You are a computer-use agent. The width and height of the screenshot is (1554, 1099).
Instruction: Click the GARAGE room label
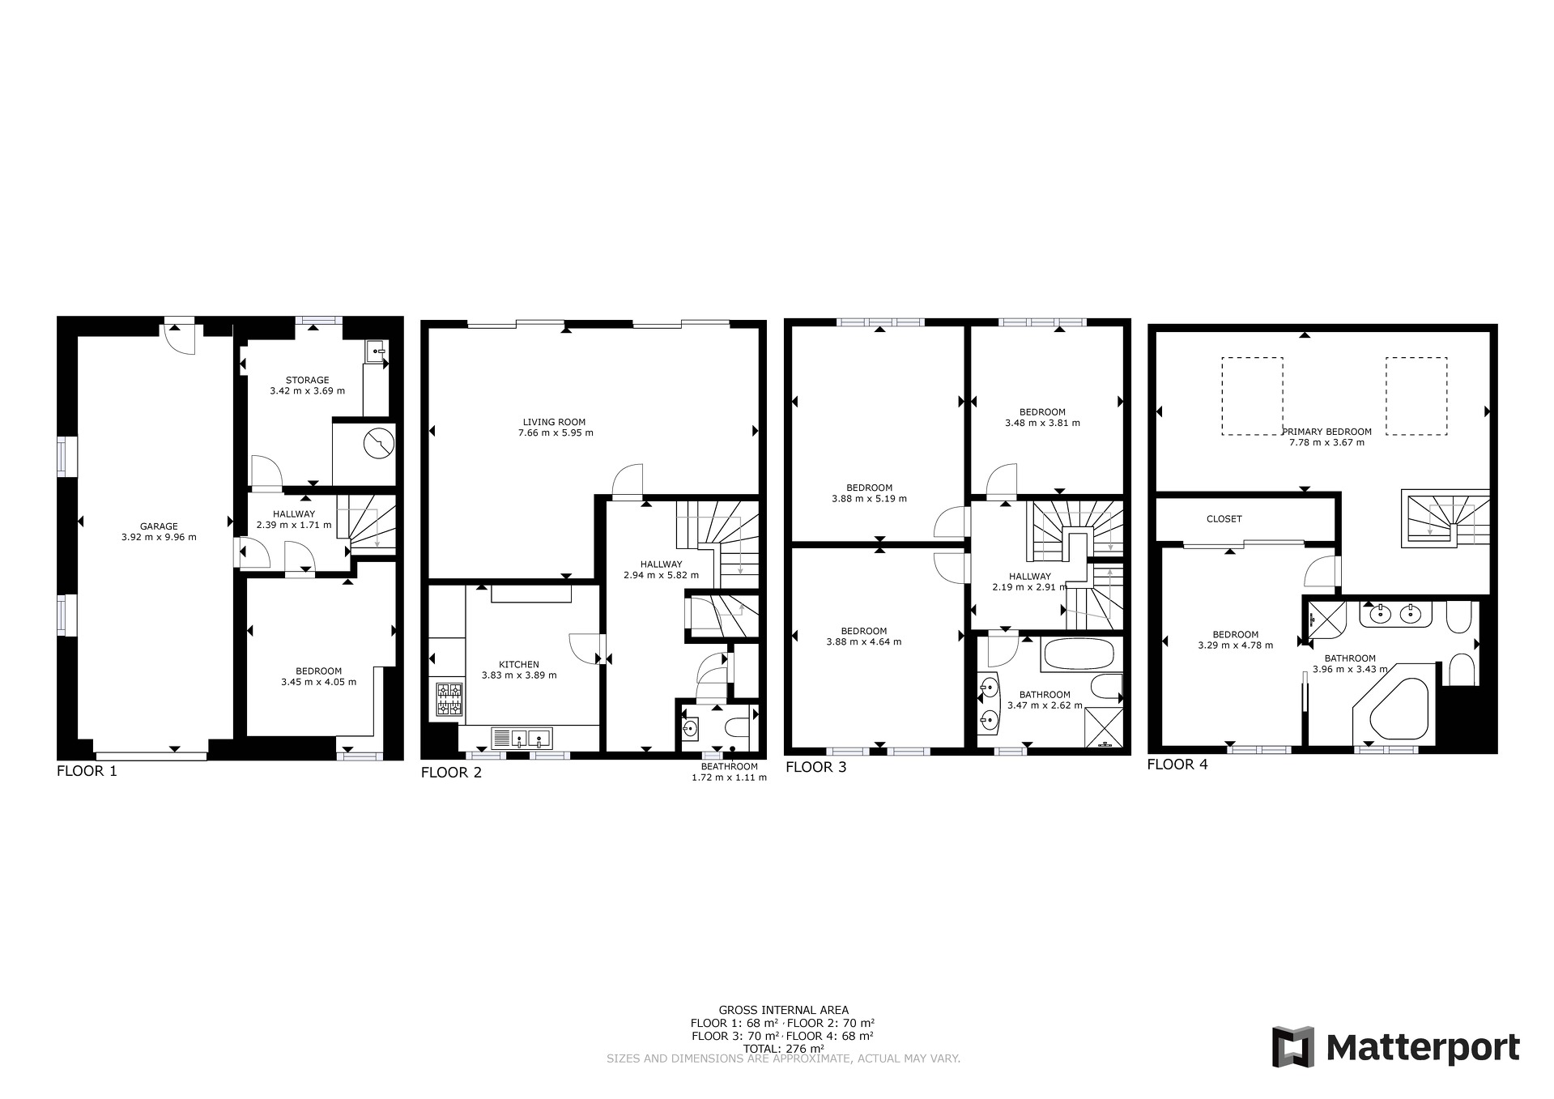click(x=159, y=526)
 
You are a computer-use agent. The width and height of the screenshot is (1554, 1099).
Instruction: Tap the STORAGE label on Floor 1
click(x=307, y=380)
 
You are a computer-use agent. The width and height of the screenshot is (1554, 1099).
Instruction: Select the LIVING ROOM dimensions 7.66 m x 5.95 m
click(x=556, y=432)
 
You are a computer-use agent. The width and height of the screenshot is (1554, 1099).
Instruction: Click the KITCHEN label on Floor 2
click(x=519, y=665)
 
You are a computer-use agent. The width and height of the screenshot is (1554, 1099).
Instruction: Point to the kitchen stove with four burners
click(x=450, y=700)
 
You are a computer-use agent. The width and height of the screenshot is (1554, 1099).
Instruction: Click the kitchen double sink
click(x=522, y=738)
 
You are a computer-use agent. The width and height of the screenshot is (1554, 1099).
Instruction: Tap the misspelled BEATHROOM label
click(x=729, y=766)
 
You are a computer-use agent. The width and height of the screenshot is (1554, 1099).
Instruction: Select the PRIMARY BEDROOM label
click(x=1326, y=432)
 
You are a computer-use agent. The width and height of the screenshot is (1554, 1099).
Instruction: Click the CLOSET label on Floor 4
click(x=1224, y=519)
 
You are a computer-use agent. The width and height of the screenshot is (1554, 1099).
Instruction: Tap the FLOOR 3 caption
click(x=815, y=767)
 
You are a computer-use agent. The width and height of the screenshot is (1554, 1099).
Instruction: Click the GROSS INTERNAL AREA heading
click(x=783, y=1010)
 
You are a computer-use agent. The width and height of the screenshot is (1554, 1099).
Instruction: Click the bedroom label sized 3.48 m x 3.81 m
click(x=1042, y=417)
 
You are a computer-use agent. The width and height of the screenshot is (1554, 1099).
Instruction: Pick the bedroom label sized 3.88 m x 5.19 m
click(x=869, y=493)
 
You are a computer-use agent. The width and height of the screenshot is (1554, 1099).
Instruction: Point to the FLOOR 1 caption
click(x=87, y=771)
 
